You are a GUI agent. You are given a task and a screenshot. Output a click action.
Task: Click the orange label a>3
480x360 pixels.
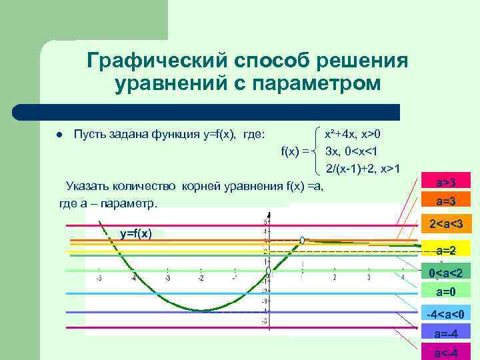click(x=446, y=182)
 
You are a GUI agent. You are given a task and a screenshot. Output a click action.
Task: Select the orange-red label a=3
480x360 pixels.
click(x=446, y=201)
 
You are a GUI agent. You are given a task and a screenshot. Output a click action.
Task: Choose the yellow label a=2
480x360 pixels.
click(x=446, y=251)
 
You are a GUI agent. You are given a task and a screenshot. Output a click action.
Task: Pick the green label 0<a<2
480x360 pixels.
click(x=446, y=273)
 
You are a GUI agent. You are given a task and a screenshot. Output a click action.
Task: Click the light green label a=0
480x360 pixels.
click(x=446, y=292)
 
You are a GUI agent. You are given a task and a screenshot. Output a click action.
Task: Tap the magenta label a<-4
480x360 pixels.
click(x=446, y=352)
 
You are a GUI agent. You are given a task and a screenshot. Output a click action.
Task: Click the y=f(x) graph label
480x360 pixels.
click(x=136, y=233)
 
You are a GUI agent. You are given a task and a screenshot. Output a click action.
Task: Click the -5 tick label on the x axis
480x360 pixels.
click(x=99, y=279)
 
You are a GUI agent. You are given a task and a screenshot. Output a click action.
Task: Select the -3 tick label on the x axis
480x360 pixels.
click(x=167, y=279)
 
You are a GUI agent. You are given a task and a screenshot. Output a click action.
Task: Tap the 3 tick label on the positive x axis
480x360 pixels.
click(x=369, y=278)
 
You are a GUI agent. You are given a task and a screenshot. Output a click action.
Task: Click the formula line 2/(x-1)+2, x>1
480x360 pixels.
click(x=363, y=167)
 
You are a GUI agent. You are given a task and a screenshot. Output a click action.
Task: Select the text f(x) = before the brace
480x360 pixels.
click(x=295, y=151)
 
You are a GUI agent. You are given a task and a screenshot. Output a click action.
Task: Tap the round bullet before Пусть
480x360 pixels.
click(x=59, y=135)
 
